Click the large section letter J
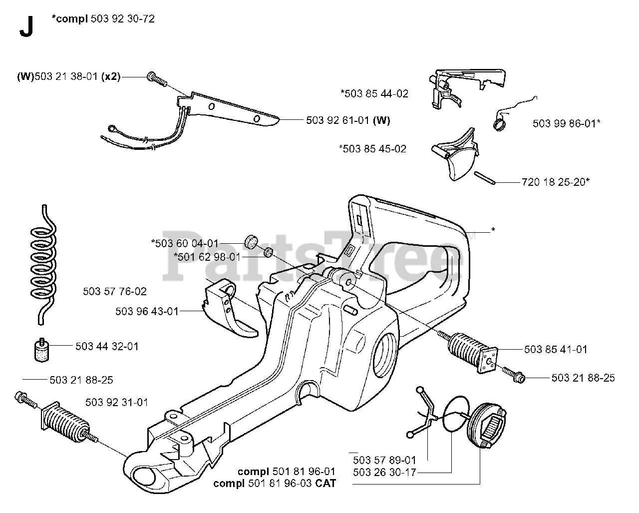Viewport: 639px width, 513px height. (x=25, y=28)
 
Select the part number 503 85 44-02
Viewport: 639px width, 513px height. (x=374, y=93)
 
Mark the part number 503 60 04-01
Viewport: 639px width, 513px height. (x=185, y=243)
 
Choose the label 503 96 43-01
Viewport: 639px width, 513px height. (x=147, y=311)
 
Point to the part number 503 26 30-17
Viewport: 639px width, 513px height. (x=384, y=472)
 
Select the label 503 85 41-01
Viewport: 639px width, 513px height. (x=556, y=350)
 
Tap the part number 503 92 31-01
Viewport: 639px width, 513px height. (x=116, y=402)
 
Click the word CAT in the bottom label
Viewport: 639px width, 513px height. (x=325, y=483)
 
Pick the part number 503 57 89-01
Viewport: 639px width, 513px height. (x=384, y=460)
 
